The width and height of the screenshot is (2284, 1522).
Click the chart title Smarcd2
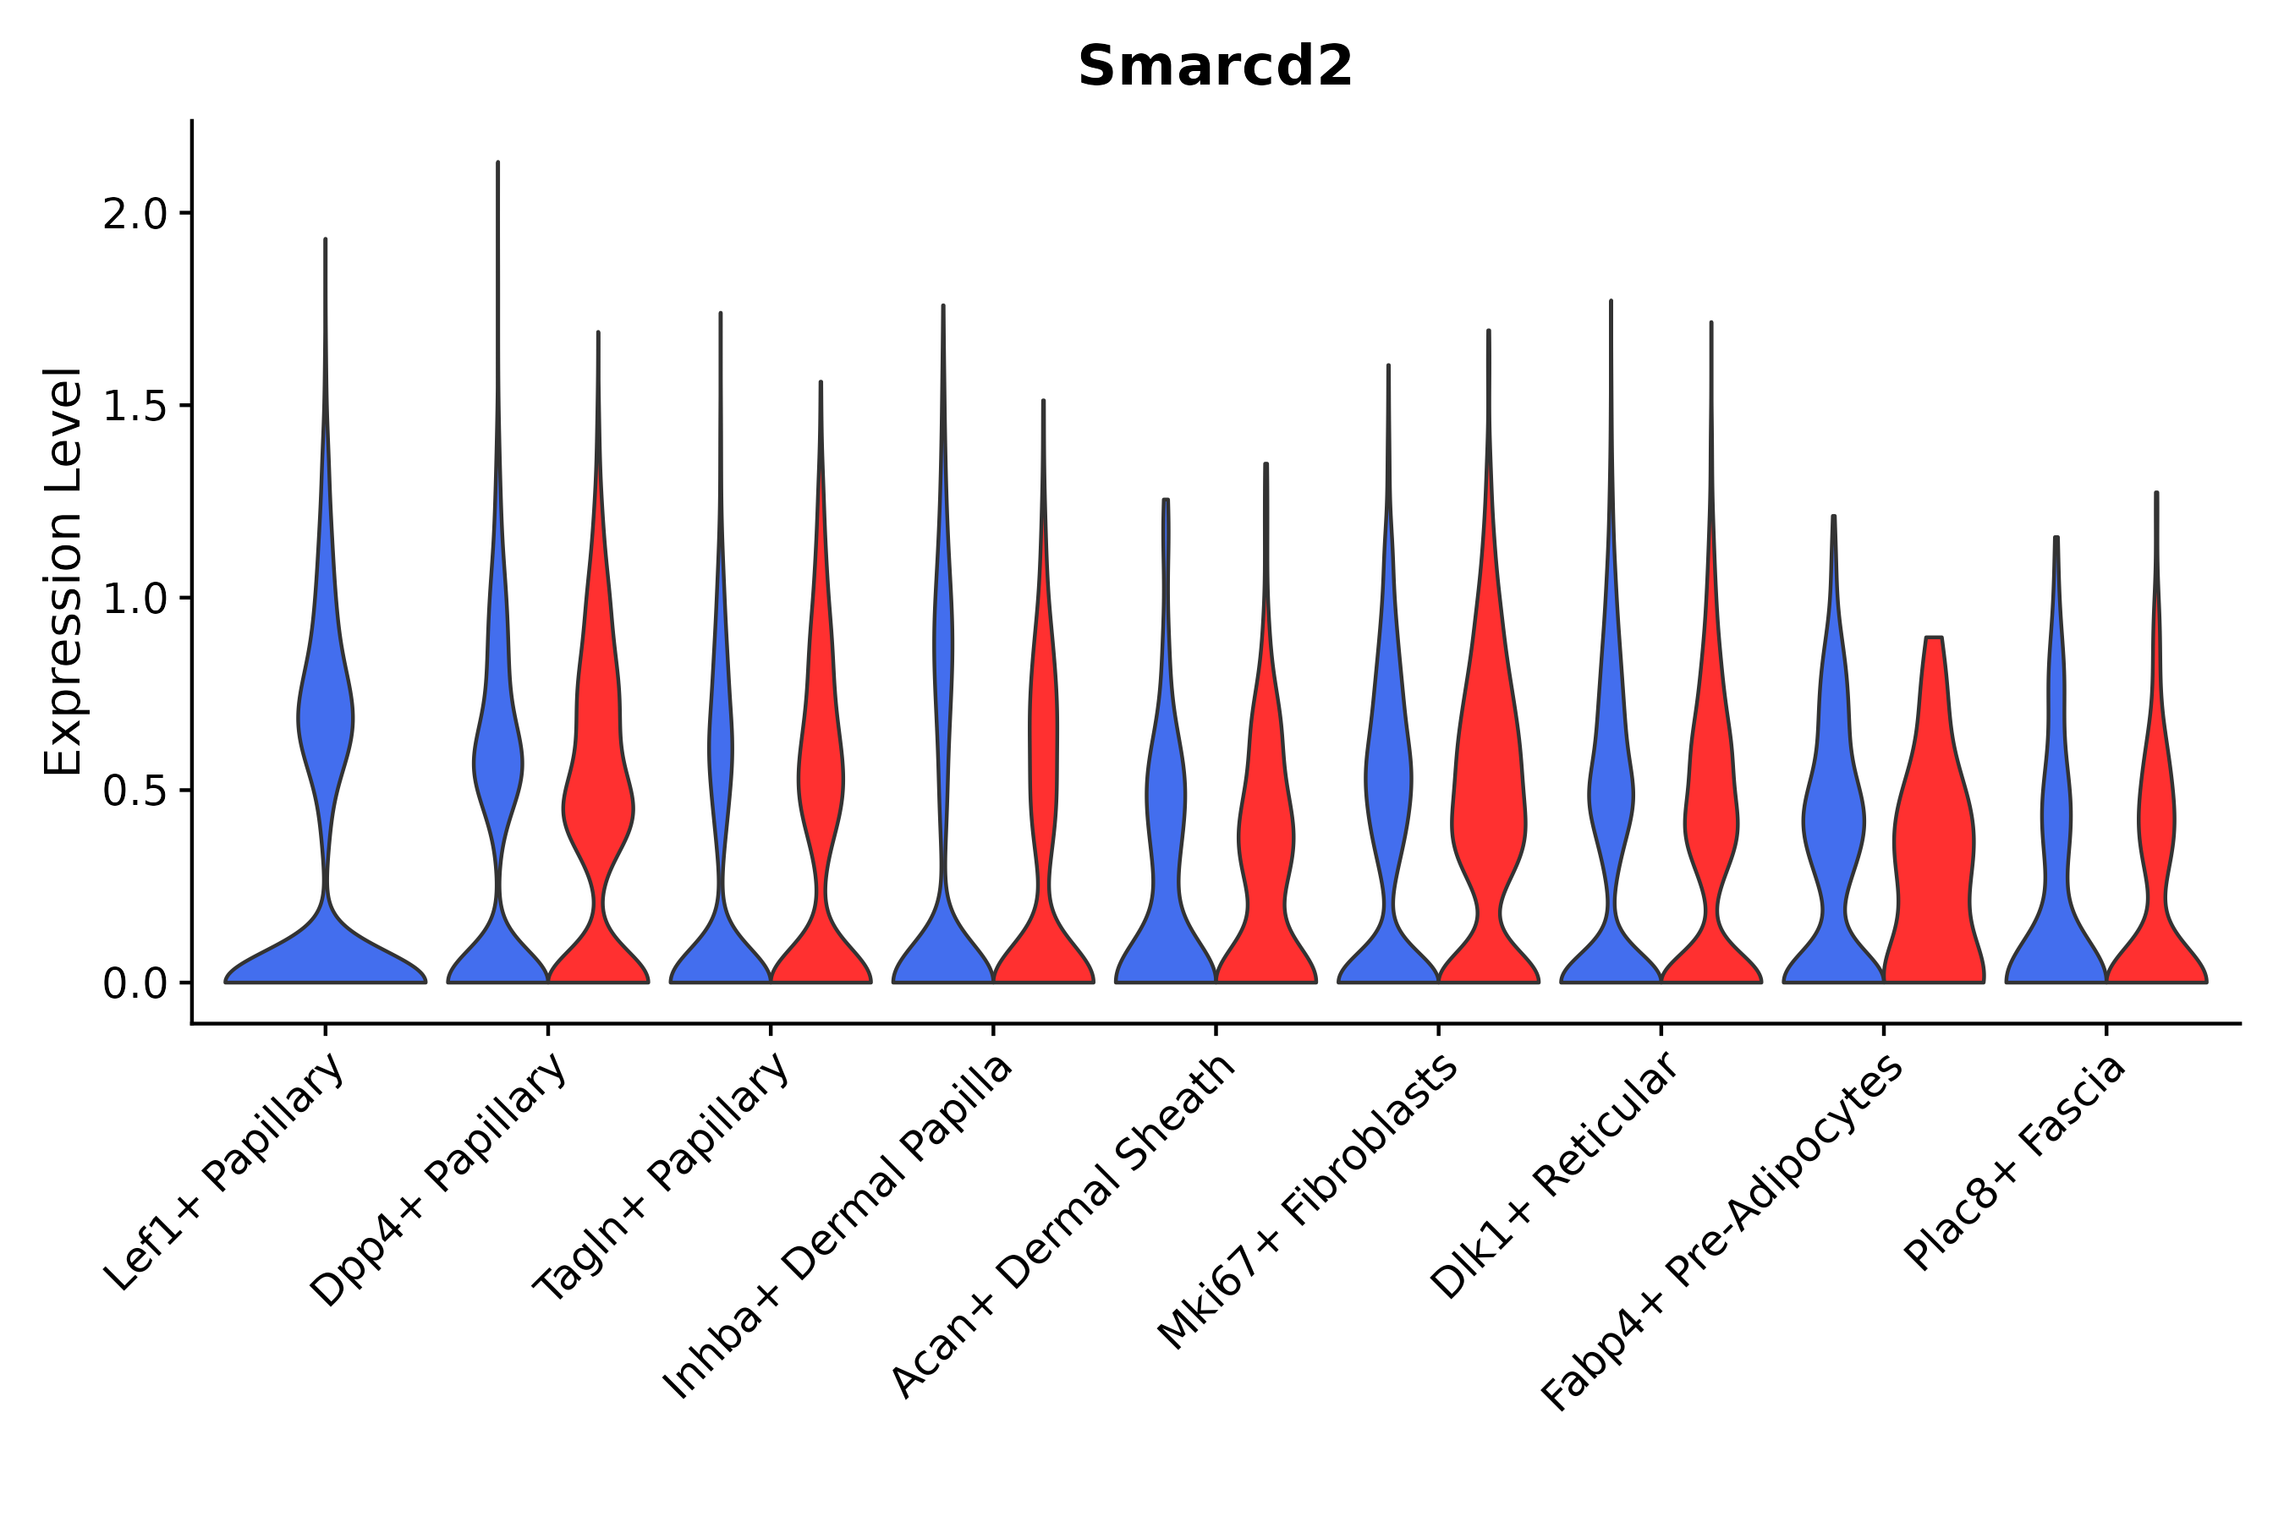tap(1215, 67)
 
